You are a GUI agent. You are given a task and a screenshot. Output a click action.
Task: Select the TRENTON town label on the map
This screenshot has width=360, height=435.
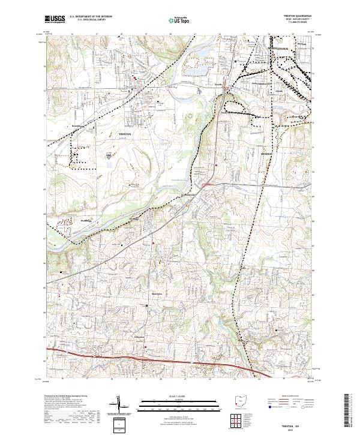point(125,135)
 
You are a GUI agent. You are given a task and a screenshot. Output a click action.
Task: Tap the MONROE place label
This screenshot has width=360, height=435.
point(266,154)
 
